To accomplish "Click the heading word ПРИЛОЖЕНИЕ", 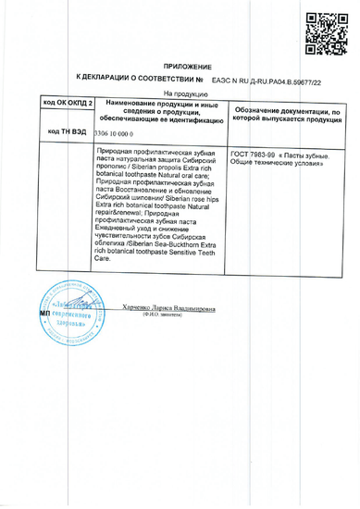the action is (192, 68).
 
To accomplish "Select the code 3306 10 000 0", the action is (114, 132).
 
